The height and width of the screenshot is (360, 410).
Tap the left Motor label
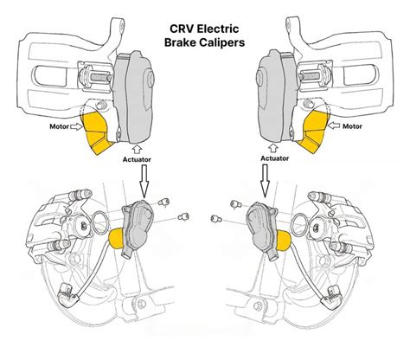tap(59, 126)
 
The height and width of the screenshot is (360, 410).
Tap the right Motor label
tap(352, 126)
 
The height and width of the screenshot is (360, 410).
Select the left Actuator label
tap(137, 159)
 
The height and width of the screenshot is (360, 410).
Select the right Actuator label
tap(274, 158)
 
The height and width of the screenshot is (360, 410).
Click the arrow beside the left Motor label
tap(77, 126)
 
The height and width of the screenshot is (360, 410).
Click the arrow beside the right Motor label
tap(334, 125)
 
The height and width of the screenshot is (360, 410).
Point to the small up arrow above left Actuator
tap(137, 149)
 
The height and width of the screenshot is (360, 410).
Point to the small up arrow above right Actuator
tap(273, 149)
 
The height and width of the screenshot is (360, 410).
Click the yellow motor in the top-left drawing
tap(97, 132)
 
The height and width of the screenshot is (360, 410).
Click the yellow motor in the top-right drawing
tap(314, 132)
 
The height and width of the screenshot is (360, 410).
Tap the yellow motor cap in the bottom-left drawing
tap(116, 238)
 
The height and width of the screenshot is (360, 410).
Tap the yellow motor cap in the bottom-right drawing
tap(283, 240)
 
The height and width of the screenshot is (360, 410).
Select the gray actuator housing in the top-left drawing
tap(133, 98)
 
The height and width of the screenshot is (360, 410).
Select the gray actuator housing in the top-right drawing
tap(278, 97)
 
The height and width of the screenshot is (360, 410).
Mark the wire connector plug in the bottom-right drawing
tap(332, 298)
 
